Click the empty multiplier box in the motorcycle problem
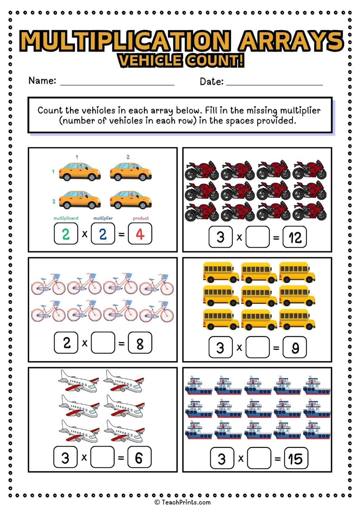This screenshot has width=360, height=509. [257, 237]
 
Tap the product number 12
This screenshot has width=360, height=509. [295, 237]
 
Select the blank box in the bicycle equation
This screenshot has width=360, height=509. [103, 343]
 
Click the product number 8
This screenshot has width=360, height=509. [140, 343]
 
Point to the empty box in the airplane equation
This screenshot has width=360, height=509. [102, 457]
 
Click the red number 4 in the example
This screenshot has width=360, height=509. [140, 234]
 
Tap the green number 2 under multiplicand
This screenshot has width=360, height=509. [66, 234]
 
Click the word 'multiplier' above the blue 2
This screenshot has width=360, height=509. [103, 218]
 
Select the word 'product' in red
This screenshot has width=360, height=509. [141, 218]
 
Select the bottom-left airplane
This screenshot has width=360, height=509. [78, 431]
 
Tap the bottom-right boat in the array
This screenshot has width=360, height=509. [317, 431]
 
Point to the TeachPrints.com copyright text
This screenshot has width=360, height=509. [182, 502]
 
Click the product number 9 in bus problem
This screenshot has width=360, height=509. [295, 347]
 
